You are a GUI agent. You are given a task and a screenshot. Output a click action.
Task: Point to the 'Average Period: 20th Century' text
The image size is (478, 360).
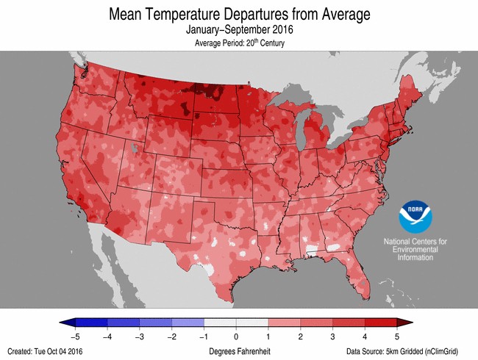pos(239,43)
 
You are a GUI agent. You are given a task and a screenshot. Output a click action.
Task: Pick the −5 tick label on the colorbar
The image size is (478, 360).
pos(75,336)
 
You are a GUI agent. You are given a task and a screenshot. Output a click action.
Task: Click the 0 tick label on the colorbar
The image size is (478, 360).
pos(236,336)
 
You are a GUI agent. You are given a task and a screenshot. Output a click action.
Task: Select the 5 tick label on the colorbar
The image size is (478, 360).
pos(398,336)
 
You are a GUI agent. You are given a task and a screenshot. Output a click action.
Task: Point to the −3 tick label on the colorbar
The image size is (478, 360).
pos(140,336)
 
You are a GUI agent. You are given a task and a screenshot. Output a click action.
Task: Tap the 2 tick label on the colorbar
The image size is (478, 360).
pos(301,336)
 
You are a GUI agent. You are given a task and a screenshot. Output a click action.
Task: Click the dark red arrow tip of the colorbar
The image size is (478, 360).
pos(407,323)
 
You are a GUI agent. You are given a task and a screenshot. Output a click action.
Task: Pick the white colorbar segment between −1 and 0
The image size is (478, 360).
pos(220,323)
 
